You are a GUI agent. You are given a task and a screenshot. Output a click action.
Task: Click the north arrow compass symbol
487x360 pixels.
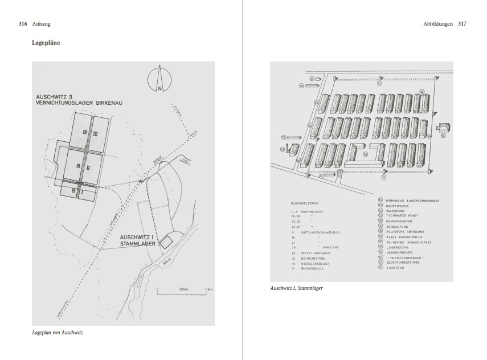159,80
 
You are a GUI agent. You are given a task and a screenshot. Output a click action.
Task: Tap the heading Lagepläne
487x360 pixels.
47,43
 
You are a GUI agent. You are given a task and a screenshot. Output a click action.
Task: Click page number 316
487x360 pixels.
23,24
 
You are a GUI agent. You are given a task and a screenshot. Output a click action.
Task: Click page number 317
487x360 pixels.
462,24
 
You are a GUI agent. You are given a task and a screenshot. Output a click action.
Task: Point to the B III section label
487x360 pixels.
91,133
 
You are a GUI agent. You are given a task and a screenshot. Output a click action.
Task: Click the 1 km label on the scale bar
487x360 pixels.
209,289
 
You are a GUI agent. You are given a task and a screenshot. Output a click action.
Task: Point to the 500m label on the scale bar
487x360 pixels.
183,289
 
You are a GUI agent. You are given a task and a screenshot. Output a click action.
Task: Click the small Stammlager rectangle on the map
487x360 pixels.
166,242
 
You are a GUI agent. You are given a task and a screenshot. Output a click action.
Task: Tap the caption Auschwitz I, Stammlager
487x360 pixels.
297,288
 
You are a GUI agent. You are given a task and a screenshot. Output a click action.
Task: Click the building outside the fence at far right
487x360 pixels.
444,130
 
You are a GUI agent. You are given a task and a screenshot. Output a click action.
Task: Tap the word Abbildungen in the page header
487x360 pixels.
435,24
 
